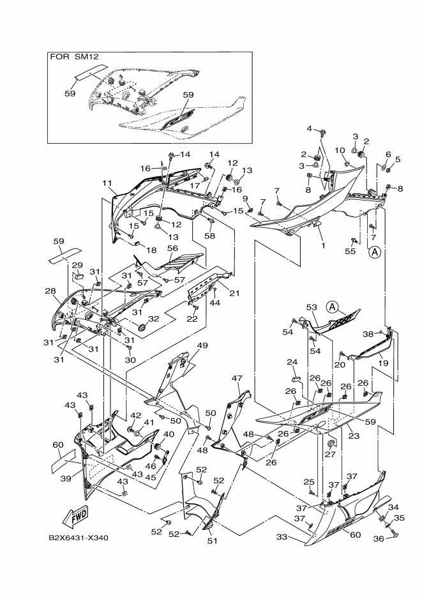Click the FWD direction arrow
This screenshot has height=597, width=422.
pyautogui.click(x=75, y=515)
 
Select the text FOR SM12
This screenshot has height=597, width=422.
pyautogui.click(x=72, y=57)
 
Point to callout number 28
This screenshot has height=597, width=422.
pyautogui.click(x=50, y=291)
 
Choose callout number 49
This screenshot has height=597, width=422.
pyautogui.click(x=202, y=345)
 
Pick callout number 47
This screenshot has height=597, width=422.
pyautogui.click(x=237, y=379)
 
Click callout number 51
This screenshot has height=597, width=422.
pyautogui.click(x=211, y=541)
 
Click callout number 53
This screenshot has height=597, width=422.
pyautogui.click(x=312, y=307)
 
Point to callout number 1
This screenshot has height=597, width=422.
pyautogui.click(x=322, y=245)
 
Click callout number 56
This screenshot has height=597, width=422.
pyautogui.click(x=172, y=248)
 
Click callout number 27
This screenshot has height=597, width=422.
pyautogui.click(x=330, y=455)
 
